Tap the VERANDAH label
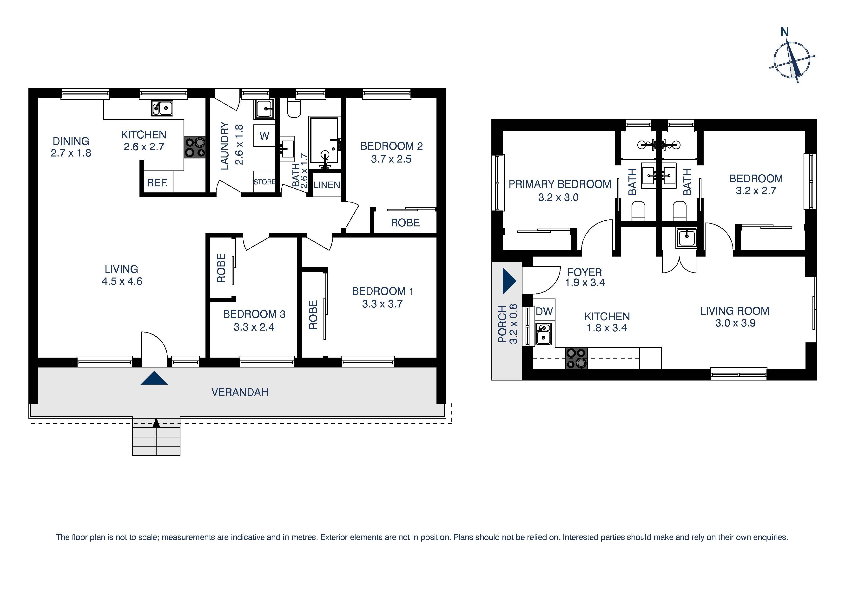(240, 392)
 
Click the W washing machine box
(264, 136)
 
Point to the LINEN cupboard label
(326, 185)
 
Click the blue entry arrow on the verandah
(154, 378)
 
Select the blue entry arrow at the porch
(509, 281)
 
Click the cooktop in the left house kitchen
(195, 147)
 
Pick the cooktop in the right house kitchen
(576, 358)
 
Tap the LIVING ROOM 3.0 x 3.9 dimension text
(735, 323)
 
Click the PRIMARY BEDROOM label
(559, 184)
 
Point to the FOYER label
(584, 272)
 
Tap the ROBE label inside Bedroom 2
(405, 223)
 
